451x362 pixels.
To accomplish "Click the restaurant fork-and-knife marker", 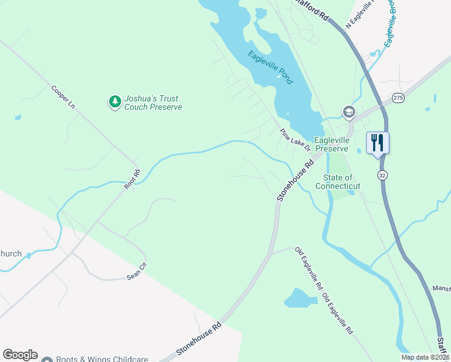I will [x=377, y=143].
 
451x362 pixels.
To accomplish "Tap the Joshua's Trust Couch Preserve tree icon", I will [x=115, y=103].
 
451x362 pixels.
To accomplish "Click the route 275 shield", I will [x=397, y=97].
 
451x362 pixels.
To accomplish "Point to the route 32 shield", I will [x=382, y=174].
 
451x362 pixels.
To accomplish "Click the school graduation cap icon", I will [x=348, y=112].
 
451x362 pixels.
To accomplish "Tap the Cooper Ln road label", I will [x=63, y=97].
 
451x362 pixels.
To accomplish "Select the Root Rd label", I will [x=132, y=180].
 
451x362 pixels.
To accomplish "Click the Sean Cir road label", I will [x=137, y=271].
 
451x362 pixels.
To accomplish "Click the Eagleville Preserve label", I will [x=341, y=144].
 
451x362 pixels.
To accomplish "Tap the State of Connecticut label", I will [x=341, y=182].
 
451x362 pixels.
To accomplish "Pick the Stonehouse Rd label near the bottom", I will [x=199, y=338].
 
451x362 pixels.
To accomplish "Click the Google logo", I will [x=20, y=355].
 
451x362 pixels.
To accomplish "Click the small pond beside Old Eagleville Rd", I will [x=300, y=297].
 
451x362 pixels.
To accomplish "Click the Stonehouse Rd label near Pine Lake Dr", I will [x=296, y=180].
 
